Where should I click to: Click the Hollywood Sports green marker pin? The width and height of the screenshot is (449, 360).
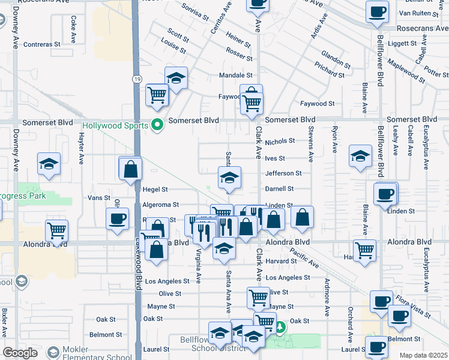(x=158, y=125)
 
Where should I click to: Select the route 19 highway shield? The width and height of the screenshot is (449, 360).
(x=137, y=79)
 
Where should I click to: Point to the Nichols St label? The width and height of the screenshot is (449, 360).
(x=280, y=142)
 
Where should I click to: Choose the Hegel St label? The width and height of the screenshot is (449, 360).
(x=155, y=189)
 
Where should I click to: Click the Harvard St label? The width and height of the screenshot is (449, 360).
(x=282, y=262)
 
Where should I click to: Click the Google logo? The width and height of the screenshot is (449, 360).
(x=20, y=353)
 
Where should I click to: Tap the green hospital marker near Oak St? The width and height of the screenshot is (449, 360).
(x=280, y=328)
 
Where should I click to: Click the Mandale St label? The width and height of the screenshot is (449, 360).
(x=236, y=76)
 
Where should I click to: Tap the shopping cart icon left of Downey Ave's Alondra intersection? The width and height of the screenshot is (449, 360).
(x=56, y=230)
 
